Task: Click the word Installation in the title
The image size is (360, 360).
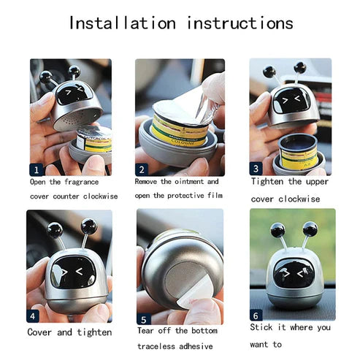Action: pyautogui.click(x=123, y=23)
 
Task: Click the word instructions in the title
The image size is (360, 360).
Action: pyautogui.click(x=240, y=23)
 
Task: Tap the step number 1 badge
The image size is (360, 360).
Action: pyautogui.click(x=37, y=169)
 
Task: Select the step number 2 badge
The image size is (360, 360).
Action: pyautogui.click(x=142, y=169)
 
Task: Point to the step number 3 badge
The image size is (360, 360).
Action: pyautogui.click(x=256, y=169)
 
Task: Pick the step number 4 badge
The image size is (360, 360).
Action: pyautogui.click(x=33, y=316)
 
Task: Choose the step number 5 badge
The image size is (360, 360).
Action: pyautogui.click(x=144, y=319)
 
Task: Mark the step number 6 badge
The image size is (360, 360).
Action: pyautogui.click(x=256, y=315)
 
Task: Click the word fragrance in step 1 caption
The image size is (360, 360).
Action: pyautogui.click(x=82, y=182)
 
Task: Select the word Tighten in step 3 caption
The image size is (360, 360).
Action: pyautogui.click(x=267, y=181)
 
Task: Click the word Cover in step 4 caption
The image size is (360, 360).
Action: pyautogui.click(x=39, y=332)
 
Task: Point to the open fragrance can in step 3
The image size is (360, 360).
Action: pyautogui.click(x=298, y=151)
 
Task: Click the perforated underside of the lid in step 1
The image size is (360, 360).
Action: pyautogui.click(x=78, y=119)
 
